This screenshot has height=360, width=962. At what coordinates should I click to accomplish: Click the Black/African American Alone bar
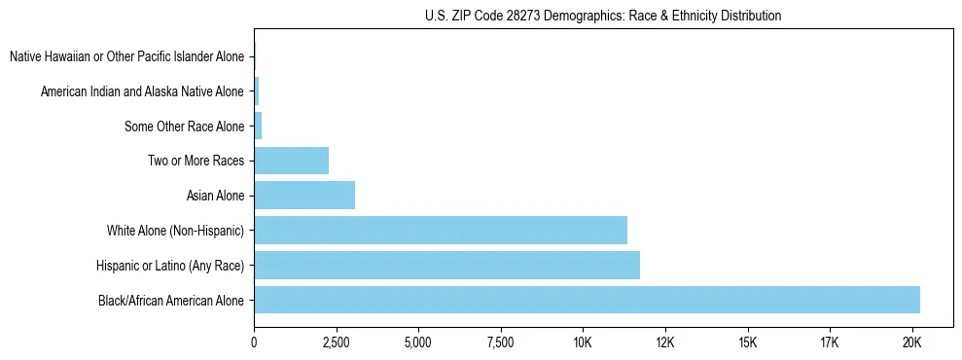pos(587,300)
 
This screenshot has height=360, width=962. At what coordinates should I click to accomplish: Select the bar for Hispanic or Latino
pos(446,265)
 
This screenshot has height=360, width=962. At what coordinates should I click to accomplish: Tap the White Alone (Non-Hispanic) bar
pos(441,230)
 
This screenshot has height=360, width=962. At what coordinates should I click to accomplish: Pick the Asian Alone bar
pos(304,195)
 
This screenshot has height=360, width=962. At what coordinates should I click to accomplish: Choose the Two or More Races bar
pos(291,161)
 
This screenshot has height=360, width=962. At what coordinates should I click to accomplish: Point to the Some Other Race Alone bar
pos(258,126)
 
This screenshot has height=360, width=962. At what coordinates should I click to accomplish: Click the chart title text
pos(603,16)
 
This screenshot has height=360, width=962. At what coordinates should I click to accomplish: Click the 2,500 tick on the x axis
pos(336,342)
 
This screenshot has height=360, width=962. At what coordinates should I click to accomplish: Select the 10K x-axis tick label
pos(583,342)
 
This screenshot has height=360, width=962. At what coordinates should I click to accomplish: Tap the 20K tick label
pos(911,342)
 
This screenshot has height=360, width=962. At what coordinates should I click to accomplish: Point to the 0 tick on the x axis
pos(254,342)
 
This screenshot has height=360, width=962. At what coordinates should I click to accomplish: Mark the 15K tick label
pos(747,342)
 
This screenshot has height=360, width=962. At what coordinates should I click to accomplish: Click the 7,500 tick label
pos(500,342)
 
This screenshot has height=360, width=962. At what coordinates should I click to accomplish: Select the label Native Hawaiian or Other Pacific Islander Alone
pos(126,56)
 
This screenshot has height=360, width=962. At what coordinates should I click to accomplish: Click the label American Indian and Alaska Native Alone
pos(142,91)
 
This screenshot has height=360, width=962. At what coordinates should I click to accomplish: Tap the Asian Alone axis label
pos(215,196)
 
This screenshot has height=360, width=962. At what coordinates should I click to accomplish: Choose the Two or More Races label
pos(196,161)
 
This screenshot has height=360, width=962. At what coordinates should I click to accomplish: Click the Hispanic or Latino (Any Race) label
pos(170,265)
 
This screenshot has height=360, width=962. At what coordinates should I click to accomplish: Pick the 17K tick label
pos(829,342)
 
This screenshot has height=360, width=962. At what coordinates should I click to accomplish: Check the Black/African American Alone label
pos(171,300)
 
